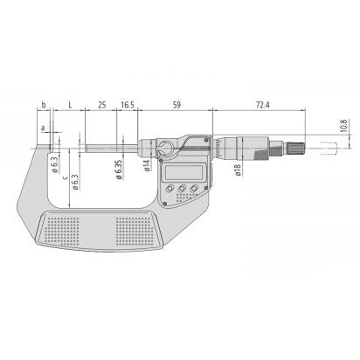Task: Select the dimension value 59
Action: coord(177,104)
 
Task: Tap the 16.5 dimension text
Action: coord(128,104)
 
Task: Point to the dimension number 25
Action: coord(102,104)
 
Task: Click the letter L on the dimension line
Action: coord(70,104)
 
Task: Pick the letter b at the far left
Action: coord(44,104)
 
